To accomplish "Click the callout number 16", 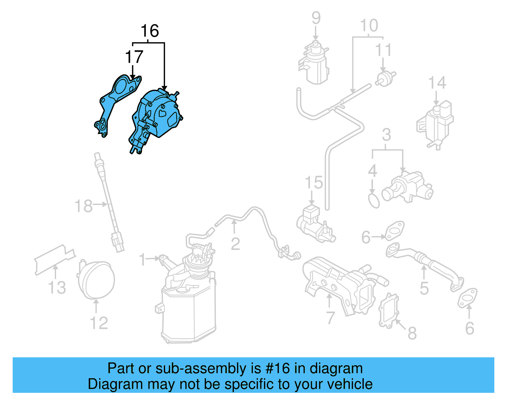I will (150, 31).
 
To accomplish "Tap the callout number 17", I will (134, 57).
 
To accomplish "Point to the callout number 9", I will (316, 18).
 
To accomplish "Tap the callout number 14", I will (437, 83).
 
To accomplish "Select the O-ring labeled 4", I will (374, 201).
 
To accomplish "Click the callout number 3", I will (386, 135).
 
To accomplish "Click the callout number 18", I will (83, 206).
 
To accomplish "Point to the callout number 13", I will (57, 288).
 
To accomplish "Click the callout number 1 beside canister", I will (143, 260).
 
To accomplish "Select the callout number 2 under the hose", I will (235, 244).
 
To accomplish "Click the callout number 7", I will (330, 318).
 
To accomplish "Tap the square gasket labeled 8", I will (388, 311).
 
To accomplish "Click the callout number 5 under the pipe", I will (424, 288).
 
